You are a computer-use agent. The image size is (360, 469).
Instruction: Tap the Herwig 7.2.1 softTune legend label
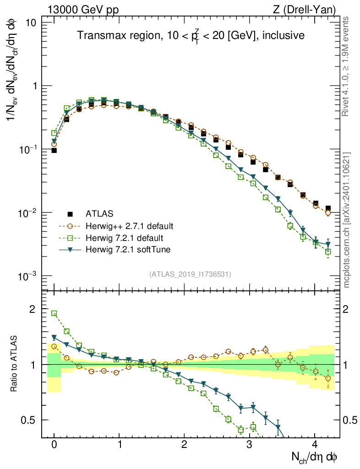128,250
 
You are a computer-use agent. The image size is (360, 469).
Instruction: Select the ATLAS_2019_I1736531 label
190,274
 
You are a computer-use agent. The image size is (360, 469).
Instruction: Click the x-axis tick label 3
250,444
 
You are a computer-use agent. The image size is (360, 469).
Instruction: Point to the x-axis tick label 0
54,444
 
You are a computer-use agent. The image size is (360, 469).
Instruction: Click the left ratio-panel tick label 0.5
30,420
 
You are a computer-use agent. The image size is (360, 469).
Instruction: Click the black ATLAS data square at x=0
54,150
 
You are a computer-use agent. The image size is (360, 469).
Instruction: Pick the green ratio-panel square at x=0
54,313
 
